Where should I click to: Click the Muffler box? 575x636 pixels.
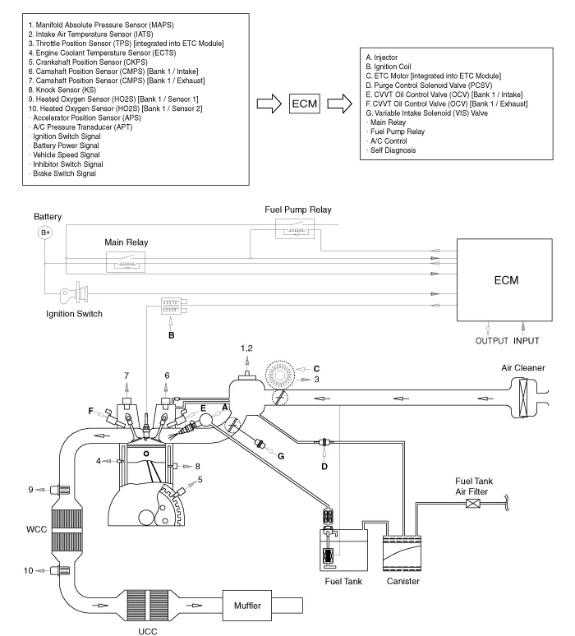[x=255, y=606]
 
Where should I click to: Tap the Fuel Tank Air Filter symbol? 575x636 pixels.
[x=474, y=503]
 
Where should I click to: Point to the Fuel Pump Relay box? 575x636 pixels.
[x=297, y=229]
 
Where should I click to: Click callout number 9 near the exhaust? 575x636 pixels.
[x=30, y=491]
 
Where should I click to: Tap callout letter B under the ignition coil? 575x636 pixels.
[x=170, y=336]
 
